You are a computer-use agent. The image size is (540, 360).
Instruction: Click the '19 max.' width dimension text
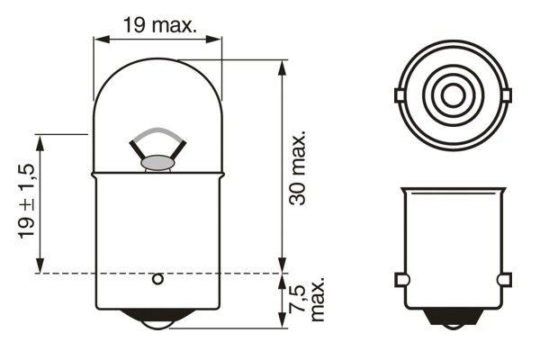(x=160, y=25)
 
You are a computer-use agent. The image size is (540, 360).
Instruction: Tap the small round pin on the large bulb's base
(x=157, y=279)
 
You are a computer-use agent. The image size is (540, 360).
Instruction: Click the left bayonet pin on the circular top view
(x=400, y=94)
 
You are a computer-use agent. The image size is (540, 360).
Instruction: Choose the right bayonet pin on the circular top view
(x=504, y=94)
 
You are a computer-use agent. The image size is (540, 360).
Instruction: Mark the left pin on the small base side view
(x=402, y=279)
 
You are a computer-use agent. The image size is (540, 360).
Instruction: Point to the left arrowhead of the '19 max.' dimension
(x=100, y=39)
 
